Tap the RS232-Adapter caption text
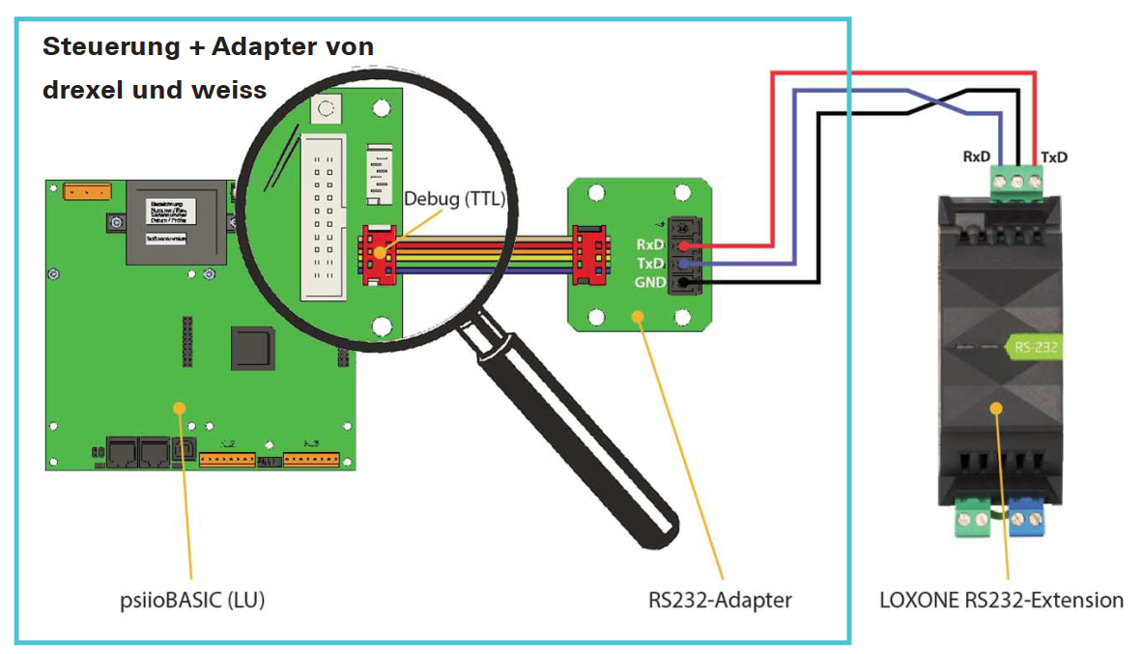(720, 600)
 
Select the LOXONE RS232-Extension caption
(1001, 600)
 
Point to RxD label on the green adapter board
(649, 245)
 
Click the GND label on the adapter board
(648, 282)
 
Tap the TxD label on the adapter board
(649, 264)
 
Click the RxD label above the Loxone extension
(976, 156)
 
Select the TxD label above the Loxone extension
(1054, 156)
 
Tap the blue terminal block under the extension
(1030, 522)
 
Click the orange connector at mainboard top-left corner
(88, 191)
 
